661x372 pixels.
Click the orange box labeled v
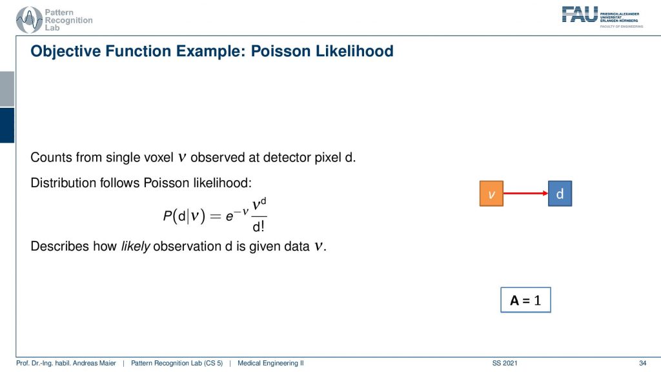pyautogui.click(x=491, y=194)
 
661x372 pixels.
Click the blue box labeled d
pyautogui.click(x=560, y=194)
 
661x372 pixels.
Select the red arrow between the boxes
pyautogui.click(x=525, y=193)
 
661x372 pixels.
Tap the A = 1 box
pyautogui.click(x=525, y=300)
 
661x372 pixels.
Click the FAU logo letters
pyautogui.click(x=580, y=14)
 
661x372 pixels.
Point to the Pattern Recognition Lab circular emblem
pyautogui.click(x=28, y=20)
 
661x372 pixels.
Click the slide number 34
pyautogui.click(x=642, y=363)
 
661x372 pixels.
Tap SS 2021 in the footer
pyautogui.click(x=505, y=363)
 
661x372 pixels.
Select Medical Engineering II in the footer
pyautogui.click(x=270, y=363)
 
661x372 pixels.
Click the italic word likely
pyautogui.click(x=136, y=246)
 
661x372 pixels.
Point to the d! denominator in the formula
pyautogui.click(x=258, y=227)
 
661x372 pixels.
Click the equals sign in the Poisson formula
pyautogui.click(x=216, y=216)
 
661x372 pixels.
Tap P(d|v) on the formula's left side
pyautogui.click(x=184, y=216)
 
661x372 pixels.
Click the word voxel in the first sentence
pyautogui.click(x=159, y=158)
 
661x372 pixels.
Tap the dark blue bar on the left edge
pyautogui.click(x=7, y=125)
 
